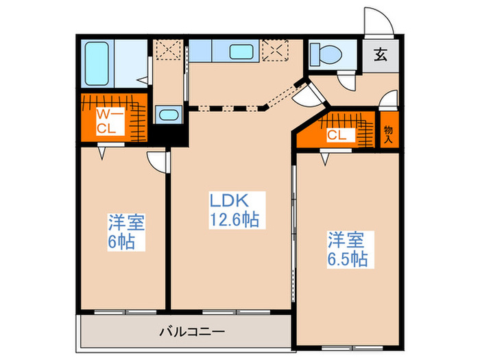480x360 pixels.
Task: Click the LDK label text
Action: (228, 202)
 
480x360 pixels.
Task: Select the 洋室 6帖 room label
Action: (125, 232)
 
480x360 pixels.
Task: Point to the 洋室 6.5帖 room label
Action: (347, 250)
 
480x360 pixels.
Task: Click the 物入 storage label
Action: (388, 134)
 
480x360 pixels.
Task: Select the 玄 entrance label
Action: (380, 55)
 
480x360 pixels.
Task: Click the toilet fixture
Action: (322, 53)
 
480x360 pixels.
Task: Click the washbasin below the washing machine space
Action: (167, 115)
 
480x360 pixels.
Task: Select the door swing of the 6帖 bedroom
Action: (158, 160)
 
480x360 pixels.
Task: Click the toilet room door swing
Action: (350, 82)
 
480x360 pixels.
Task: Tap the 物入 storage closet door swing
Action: (389, 99)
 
